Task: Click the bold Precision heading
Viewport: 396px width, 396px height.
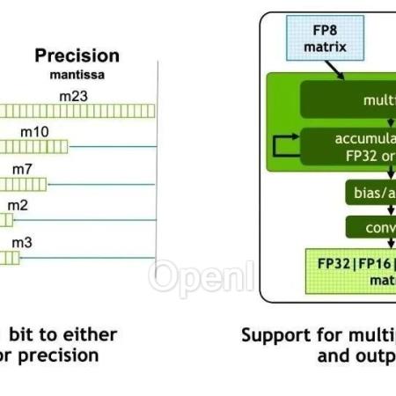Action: pos(77,55)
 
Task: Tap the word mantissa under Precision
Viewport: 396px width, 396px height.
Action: pos(77,75)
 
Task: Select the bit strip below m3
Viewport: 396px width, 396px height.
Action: pos(10,257)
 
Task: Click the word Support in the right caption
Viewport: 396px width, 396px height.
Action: pos(276,335)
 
